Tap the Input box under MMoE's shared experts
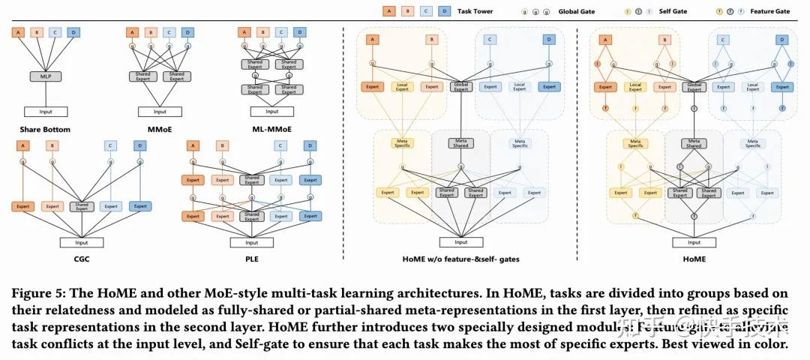160,112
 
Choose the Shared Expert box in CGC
81,206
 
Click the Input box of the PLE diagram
251,242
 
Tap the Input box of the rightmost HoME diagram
694,242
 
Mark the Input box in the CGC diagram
81,242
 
